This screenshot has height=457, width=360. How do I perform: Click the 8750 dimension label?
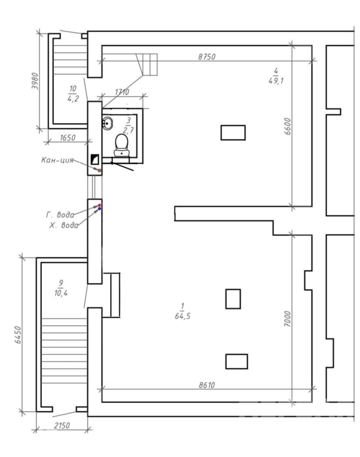(207, 57)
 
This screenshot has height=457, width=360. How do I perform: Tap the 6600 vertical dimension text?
(288, 126)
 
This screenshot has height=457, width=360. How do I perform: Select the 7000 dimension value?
(288, 318)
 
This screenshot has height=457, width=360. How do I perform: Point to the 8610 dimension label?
(207, 385)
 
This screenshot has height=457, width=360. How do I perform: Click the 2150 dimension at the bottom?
(62, 426)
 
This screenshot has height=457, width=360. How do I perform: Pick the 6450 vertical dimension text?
(18, 335)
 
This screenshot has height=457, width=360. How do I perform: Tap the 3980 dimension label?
(35, 81)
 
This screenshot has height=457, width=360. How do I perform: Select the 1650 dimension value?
(68, 138)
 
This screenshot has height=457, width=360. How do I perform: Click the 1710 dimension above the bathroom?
(122, 92)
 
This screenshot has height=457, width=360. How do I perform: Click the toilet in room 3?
(121, 145)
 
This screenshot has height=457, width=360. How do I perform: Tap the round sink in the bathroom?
(107, 123)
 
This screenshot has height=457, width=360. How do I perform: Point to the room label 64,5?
(183, 316)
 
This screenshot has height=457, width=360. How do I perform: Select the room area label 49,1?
(276, 81)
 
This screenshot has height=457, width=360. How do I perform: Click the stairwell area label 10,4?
(61, 293)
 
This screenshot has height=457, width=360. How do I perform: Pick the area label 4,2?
(73, 99)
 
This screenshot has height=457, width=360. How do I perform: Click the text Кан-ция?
(57, 160)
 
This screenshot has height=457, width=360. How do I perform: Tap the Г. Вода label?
(60, 215)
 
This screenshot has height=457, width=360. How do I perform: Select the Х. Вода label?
(63, 225)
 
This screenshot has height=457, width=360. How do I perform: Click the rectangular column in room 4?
(233, 133)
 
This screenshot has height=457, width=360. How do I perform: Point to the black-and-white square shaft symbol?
(95, 159)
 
